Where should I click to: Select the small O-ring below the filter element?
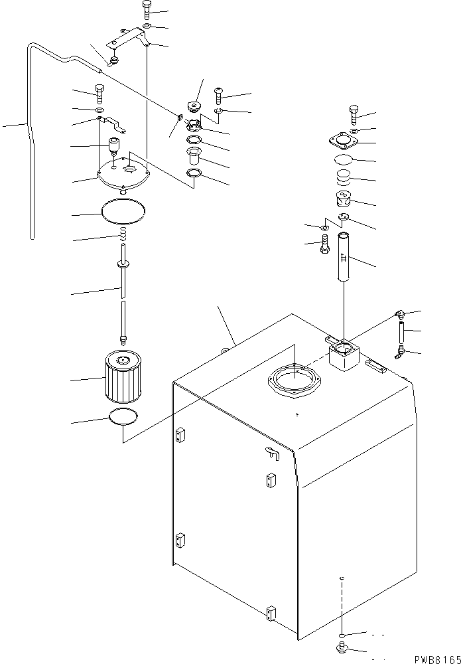[x=123, y=417]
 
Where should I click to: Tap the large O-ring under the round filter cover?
[x=123, y=212]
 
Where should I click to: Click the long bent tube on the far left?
[x=29, y=133]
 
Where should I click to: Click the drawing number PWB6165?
[x=434, y=657]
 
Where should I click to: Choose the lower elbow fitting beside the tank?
[x=399, y=351]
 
